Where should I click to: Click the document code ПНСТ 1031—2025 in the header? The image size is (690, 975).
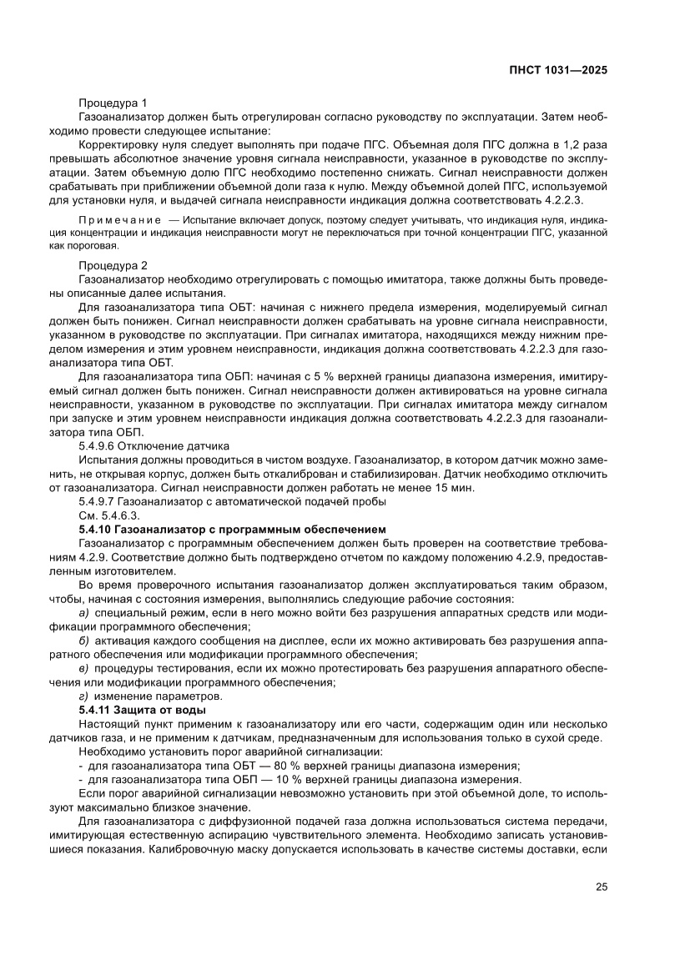557,70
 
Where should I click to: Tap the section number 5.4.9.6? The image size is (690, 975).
98,446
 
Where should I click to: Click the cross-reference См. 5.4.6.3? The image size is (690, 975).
108,515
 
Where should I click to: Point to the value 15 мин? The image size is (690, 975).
456,487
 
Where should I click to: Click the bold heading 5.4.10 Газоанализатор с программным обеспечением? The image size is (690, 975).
231,529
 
